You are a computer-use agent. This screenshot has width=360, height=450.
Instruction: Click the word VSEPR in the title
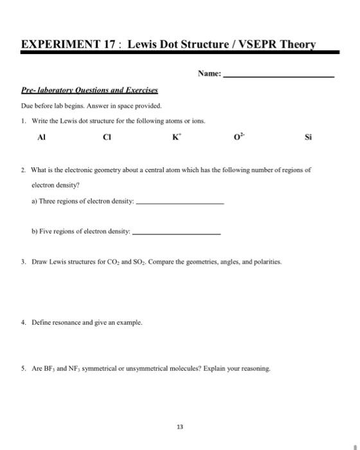(x=239, y=44)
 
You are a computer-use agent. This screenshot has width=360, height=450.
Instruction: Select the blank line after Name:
(x=278, y=76)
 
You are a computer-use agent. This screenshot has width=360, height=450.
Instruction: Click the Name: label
(x=210, y=74)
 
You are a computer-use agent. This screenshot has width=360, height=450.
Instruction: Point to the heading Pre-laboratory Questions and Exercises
(x=90, y=91)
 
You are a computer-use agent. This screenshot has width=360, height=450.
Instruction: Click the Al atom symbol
(x=42, y=137)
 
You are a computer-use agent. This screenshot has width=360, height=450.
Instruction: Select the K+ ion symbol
(x=175, y=137)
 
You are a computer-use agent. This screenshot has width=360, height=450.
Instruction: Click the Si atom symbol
(x=308, y=137)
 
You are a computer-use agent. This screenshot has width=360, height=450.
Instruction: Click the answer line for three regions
(x=181, y=203)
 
